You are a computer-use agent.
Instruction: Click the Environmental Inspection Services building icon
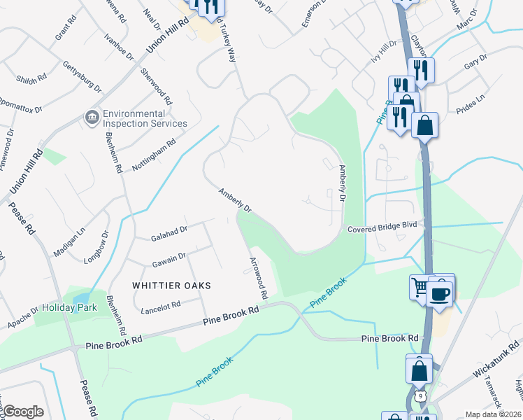point(91,117)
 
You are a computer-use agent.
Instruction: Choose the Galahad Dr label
point(169,234)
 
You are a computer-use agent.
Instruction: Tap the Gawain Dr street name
point(169,259)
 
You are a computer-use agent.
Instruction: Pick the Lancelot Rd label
point(161,307)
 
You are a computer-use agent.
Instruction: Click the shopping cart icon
point(420,286)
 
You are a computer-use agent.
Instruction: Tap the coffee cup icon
point(439,293)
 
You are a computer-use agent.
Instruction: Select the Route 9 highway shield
point(418,396)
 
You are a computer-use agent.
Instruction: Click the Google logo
point(23,412)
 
